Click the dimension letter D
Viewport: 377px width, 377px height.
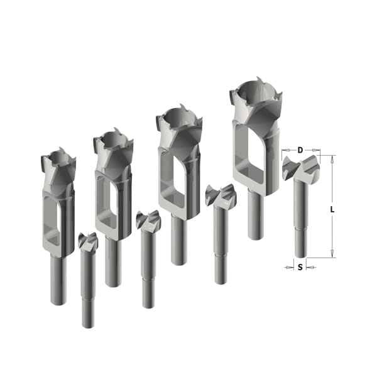tap(300, 150)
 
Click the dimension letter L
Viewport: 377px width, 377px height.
tap(332, 210)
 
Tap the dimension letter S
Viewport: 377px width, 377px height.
tap(300, 267)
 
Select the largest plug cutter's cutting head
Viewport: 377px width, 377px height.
tap(256, 101)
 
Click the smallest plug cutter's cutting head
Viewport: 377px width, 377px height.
tap(58, 166)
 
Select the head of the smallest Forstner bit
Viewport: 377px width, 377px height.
tap(88, 241)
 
